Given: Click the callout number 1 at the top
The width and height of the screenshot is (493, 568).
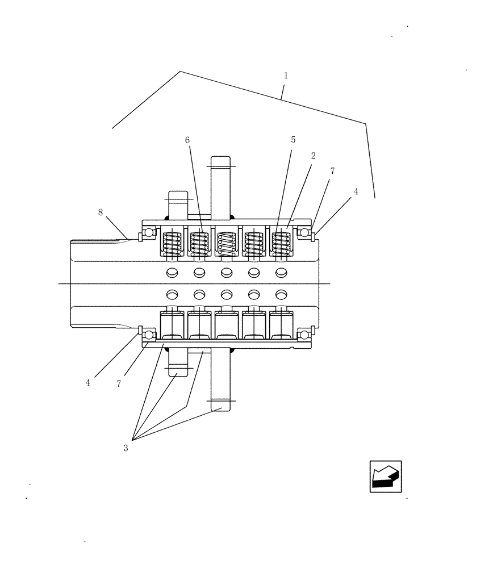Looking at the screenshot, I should click(x=286, y=76).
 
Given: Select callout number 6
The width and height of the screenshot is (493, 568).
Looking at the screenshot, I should click(x=188, y=139).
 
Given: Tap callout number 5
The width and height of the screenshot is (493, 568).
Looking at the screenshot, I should click(x=293, y=139).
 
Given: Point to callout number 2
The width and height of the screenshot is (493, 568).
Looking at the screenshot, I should click(x=313, y=155).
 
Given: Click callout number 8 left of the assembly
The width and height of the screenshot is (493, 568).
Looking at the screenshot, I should click(x=101, y=212).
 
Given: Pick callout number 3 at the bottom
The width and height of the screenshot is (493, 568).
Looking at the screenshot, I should click(x=126, y=448).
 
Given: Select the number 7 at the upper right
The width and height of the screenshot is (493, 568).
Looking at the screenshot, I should click(x=332, y=171).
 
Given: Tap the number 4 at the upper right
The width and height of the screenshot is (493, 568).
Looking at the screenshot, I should click(x=356, y=192).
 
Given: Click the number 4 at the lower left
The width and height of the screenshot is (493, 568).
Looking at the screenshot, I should click(x=88, y=383).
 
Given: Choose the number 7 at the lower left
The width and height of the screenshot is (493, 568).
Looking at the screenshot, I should click(x=119, y=384).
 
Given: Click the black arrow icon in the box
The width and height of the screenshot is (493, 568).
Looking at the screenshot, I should click(x=385, y=477).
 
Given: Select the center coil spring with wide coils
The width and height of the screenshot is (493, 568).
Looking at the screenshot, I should click(x=227, y=244).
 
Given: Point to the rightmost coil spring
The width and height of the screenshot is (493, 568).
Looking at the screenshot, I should click(x=281, y=244).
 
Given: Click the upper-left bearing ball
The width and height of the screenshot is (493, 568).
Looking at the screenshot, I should click(x=149, y=233).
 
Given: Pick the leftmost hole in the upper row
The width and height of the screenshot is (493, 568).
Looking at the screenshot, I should click(x=172, y=273).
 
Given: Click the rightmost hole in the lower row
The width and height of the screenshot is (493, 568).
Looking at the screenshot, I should click(x=281, y=294).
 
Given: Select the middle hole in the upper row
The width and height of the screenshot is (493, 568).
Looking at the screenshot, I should click(x=227, y=273).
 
